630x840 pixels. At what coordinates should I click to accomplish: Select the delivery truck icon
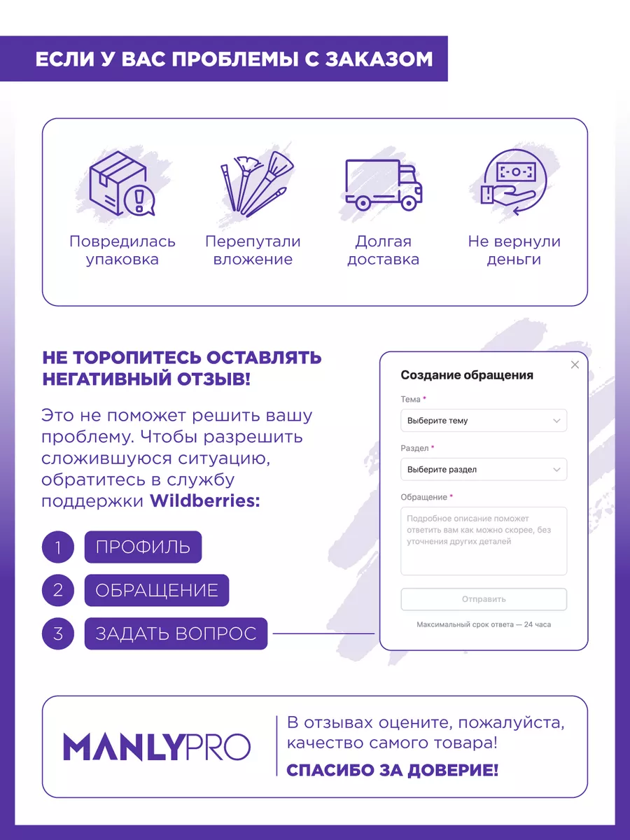pyautogui.click(x=384, y=183)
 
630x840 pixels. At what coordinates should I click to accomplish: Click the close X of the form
pyautogui.click(x=575, y=365)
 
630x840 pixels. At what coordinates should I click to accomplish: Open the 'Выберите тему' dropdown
pyautogui.click(x=484, y=421)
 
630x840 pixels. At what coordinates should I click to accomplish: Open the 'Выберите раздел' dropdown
pyautogui.click(x=484, y=470)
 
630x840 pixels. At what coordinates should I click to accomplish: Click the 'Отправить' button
pyautogui.click(x=484, y=599)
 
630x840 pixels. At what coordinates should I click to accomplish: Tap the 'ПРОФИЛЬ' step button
pyautogui.click(x=143, y=547)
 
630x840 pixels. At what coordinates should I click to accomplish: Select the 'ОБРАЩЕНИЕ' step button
pyautogui.click(x=157, y=590)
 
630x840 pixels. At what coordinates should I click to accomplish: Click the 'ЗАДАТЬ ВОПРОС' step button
pyautogui.click(x=176, y=633)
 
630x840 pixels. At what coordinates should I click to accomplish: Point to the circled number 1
pyautogui.click(x=58, y=547)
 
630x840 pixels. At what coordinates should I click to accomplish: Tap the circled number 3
pyautogui.click(x=58, y=633)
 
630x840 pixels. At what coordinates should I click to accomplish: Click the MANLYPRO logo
pyautogui.click(x=157, y=748)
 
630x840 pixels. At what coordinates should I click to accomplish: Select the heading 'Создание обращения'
pyautogui.click(x=467, y=375)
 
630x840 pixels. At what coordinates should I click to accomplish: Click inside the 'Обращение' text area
pyautogui.click(x=484, y=540)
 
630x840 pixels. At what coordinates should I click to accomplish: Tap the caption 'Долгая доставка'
pyautogui.click(x=384, y=251)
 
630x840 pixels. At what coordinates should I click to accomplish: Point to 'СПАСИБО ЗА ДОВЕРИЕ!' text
pyautogui.click(x=393, y=771)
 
